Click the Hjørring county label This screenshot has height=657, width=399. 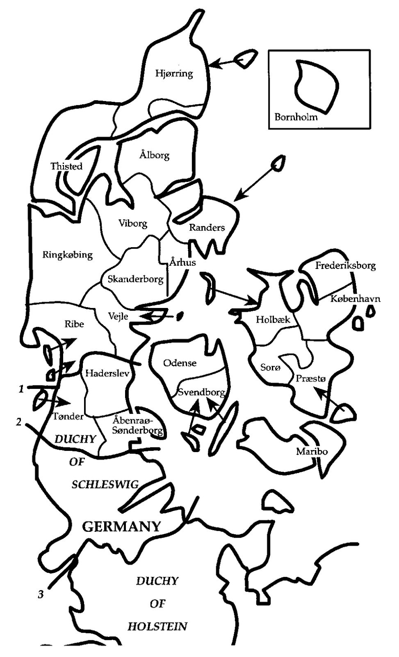(174, 74)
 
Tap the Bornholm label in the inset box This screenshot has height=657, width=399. (296, 117)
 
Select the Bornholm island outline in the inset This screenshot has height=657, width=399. (316, 87)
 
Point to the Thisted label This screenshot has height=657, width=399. (66, 166)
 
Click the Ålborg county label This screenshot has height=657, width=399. (154, 155)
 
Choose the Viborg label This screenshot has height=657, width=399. (132, 223)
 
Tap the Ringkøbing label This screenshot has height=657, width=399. (68, 255)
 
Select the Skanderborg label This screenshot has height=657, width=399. (135, 279)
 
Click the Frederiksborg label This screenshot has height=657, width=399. (345, 266)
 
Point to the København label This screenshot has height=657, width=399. (355, 299)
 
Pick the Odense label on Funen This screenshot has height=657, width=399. (180, 363)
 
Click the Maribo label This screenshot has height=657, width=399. (312, 452)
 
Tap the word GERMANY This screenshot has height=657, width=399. (121, 526)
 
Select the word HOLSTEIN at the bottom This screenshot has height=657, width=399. (157, 626)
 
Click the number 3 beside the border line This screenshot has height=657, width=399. (41, 594)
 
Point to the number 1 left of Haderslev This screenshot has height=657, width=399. (21, 388)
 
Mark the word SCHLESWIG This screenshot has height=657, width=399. (105, 485)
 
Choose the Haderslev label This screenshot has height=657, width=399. (107, 373)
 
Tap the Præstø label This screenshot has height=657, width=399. (310, 379)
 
